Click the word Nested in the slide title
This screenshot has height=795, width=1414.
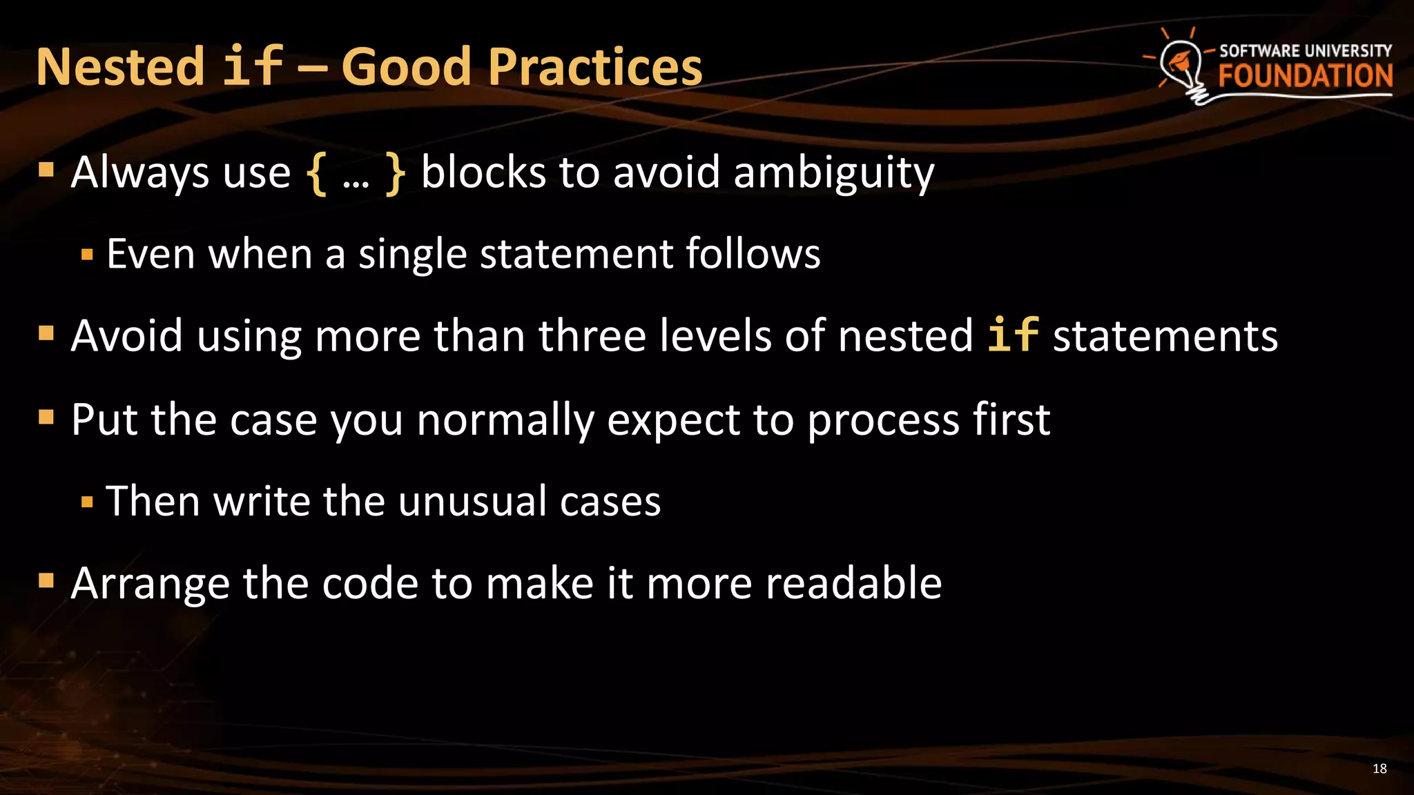(120, 67)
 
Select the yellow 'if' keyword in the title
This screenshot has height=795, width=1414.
(252, 67)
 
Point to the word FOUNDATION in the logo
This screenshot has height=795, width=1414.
(1305, 76)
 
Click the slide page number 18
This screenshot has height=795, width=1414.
(1379, 769)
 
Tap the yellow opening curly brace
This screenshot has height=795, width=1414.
(317, 174)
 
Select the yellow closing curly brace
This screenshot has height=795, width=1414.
(395, 174)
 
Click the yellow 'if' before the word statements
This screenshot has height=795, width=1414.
(1012, 335)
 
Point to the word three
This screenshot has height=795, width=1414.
(592, 336)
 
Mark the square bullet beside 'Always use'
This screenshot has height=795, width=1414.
(46, 170)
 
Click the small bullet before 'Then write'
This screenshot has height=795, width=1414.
(87, 502)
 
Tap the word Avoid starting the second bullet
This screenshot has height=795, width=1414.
(127, 336)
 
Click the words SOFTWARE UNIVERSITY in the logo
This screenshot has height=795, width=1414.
(1305, 51)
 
